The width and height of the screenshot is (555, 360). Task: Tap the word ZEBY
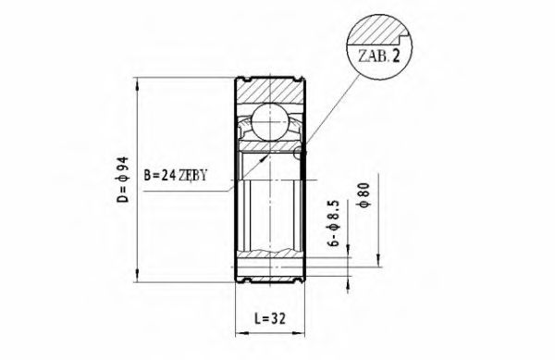click(x=204, y=172)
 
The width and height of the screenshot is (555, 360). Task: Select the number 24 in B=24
click(x=170, y=172)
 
